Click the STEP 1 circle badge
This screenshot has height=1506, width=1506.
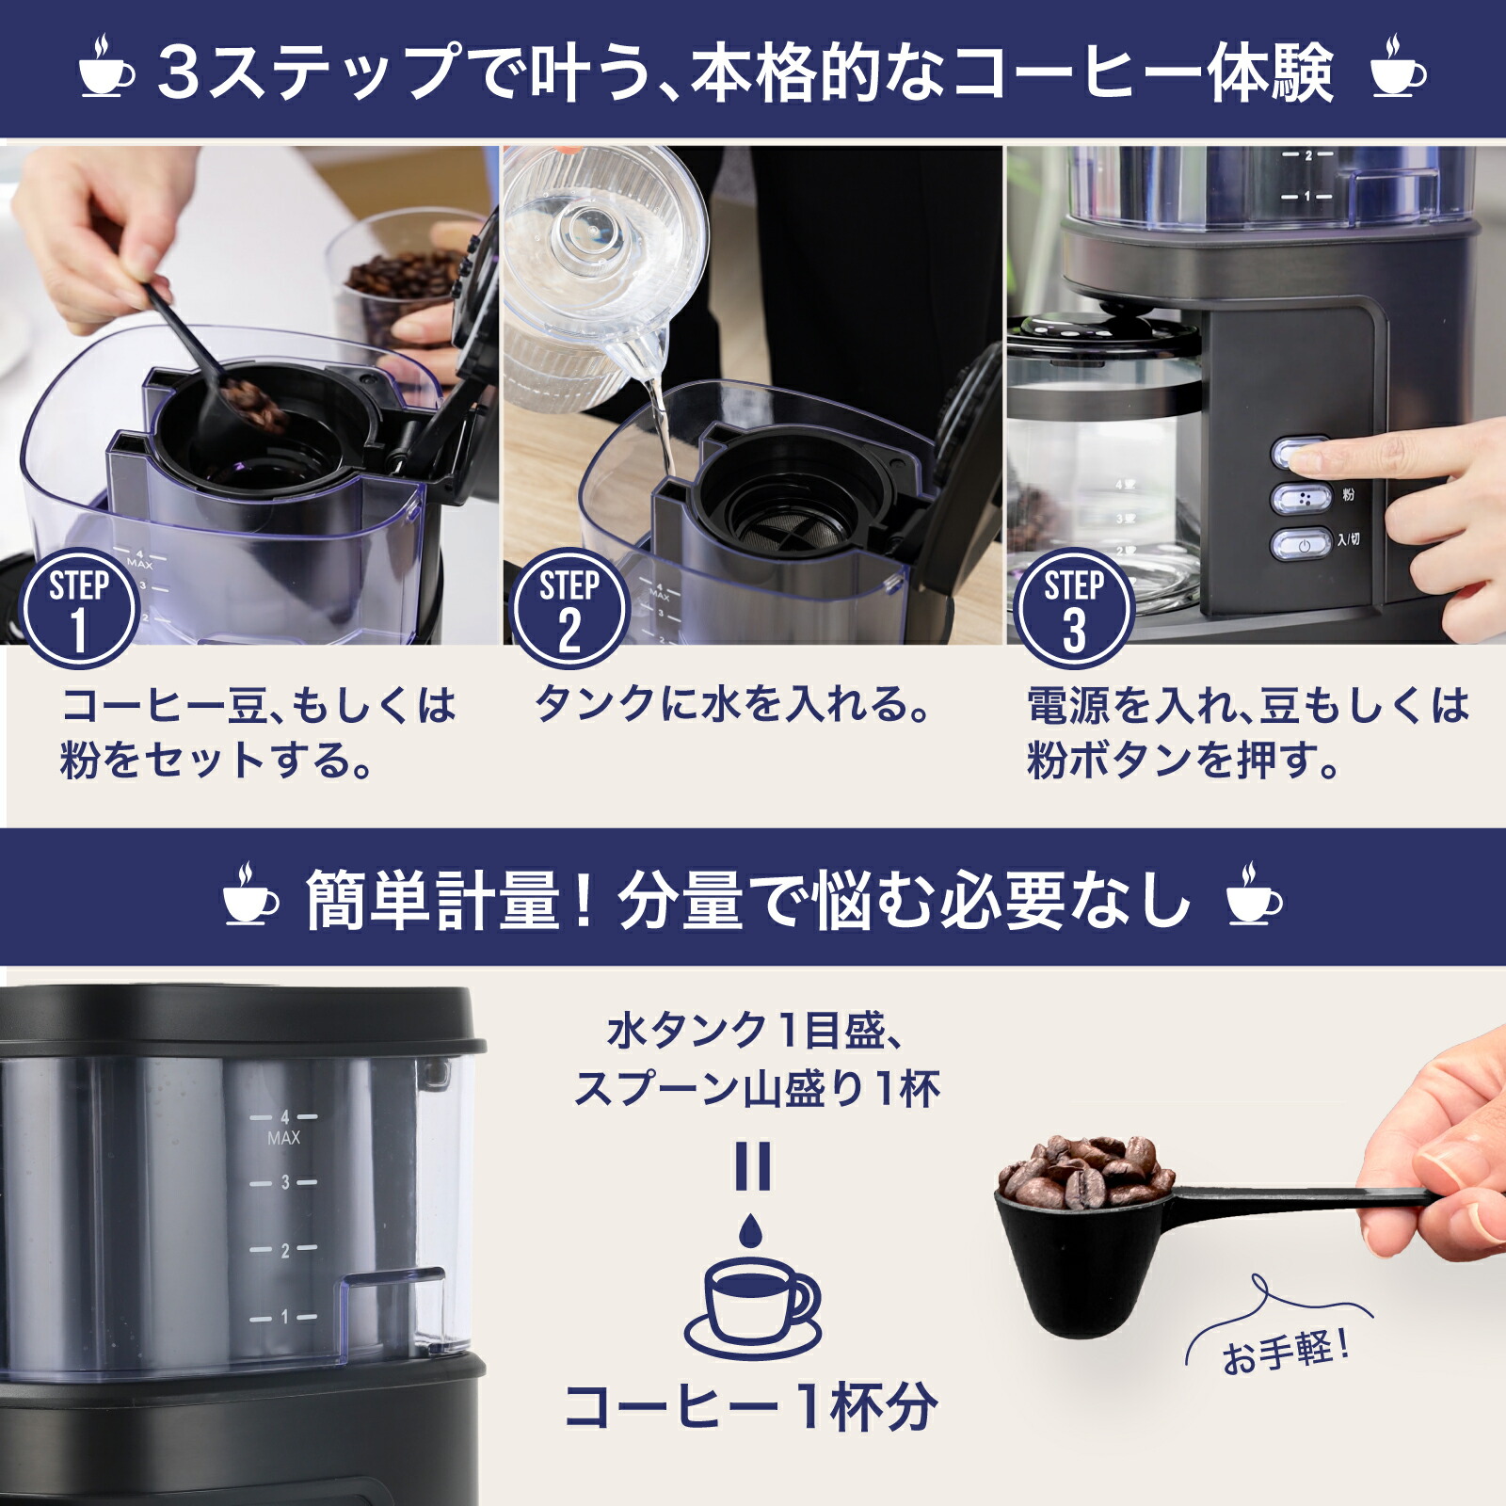[79, 608]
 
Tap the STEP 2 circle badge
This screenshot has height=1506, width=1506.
[569, 608]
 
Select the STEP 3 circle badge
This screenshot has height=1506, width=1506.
[1073, 608]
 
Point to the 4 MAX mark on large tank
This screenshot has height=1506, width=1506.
[283, 1126]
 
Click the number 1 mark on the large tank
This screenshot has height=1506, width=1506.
[283, 1318]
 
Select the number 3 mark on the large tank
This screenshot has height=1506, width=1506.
[283, 1182]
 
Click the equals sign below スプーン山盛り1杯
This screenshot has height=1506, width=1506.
[752, 1166]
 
